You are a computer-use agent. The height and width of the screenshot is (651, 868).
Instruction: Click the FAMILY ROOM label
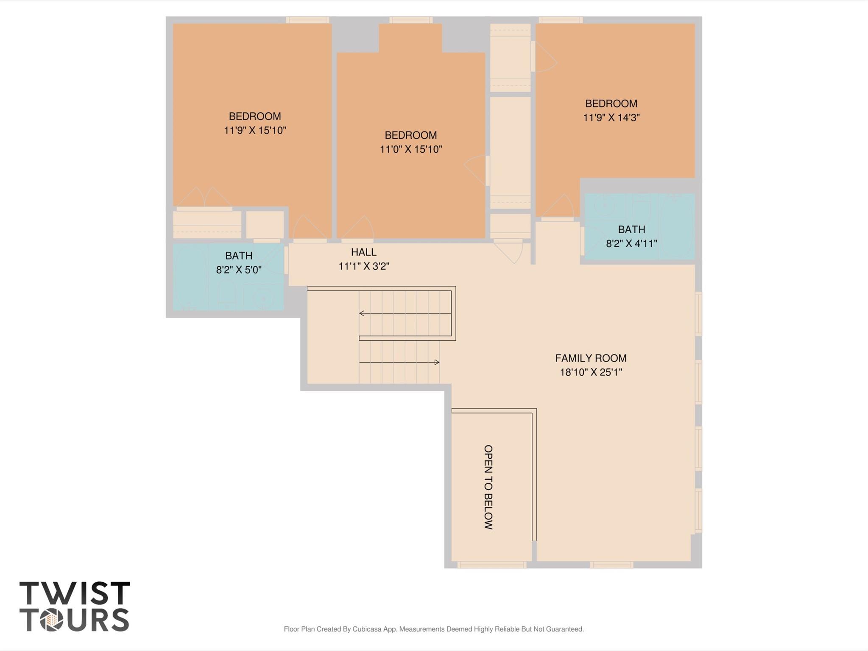[x=590, y=358]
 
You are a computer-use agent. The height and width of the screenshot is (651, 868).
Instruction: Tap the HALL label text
[x=363, y=252]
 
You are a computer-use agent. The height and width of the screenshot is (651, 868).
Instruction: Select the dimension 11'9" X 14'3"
[x=611, y=117]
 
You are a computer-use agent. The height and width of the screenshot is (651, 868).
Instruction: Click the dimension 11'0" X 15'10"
[x=410, y=149]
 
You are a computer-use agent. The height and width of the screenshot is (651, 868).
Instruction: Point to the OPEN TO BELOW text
[x=488, y=487]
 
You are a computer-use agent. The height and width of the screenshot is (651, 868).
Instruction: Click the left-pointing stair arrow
[x=362, y=313]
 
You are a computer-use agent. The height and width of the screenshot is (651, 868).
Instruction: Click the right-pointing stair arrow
[x=436, y=362]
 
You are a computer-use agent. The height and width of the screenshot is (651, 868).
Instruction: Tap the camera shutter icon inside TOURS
[x=52, y=620]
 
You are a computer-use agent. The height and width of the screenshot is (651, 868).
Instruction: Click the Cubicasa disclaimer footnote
[x=433, y=629]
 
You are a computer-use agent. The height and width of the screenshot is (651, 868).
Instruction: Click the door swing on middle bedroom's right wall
[x=476, y=170]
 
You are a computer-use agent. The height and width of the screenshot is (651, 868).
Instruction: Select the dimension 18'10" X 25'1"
[x=590, y=372]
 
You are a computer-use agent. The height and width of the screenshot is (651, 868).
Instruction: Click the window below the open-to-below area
[x=491, y=564]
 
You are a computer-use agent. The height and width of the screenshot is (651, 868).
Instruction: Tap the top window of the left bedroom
[x=307, y=20]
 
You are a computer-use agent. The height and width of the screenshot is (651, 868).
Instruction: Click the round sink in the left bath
[x=263, y=299]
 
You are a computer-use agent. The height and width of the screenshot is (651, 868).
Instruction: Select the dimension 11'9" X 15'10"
[x=255, y=130]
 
